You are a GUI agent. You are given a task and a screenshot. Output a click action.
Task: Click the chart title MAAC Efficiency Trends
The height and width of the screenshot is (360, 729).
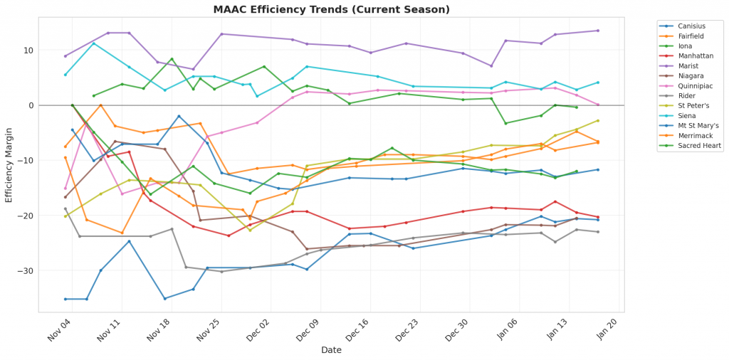tap(332, 10)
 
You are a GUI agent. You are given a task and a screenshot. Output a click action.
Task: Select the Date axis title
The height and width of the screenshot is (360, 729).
tap(331, 350)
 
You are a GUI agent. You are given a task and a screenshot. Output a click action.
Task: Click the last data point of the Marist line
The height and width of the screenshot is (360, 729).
tap(597, 31)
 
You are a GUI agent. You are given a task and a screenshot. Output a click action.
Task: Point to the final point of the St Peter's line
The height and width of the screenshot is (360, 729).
tap(597, 121)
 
